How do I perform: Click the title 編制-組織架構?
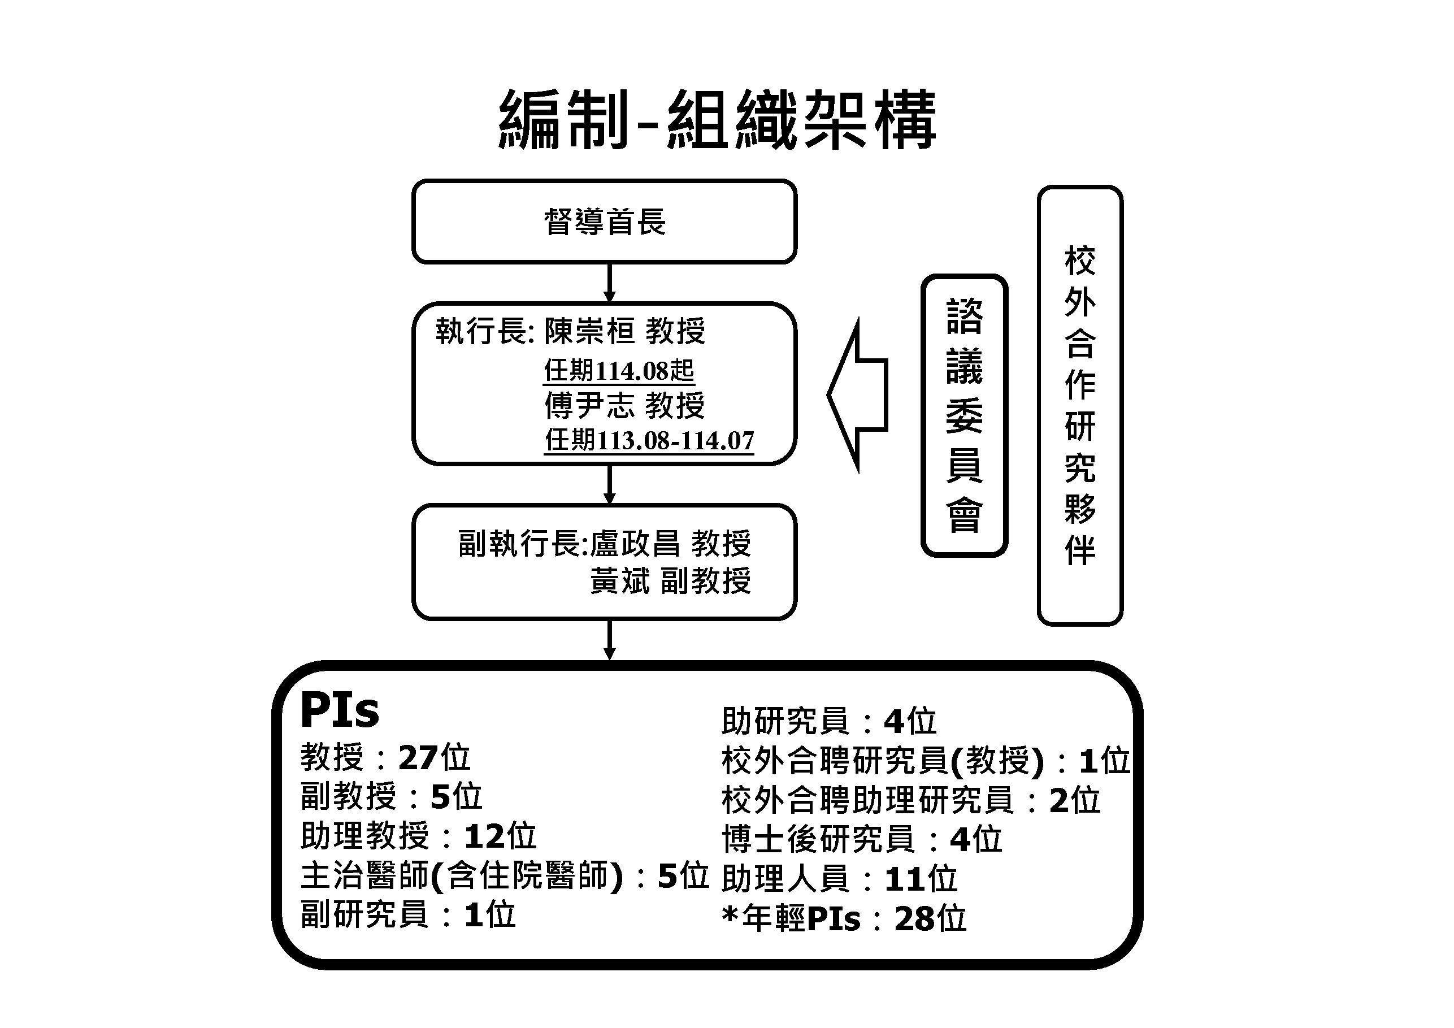tap(718, 120)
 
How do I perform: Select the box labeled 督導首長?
tap(604, 222)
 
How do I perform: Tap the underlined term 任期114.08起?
tap(619, 371)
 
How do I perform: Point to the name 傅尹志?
tap(589, 406)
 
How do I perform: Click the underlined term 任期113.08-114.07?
tap(649, 440)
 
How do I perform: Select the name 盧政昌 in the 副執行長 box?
tap(635, 544)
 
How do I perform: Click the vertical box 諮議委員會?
tap(964, 415)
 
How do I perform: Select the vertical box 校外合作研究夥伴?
tap(1080, 405)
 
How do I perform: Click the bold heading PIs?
tap(340, 710)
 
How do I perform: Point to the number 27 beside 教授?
tap(418, 757)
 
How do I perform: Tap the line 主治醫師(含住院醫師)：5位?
tap(504, 876)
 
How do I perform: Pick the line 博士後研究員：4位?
tap(861, 840)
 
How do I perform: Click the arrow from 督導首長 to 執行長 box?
tap(609, 283)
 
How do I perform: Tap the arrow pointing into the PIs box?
tap(609, 640)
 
